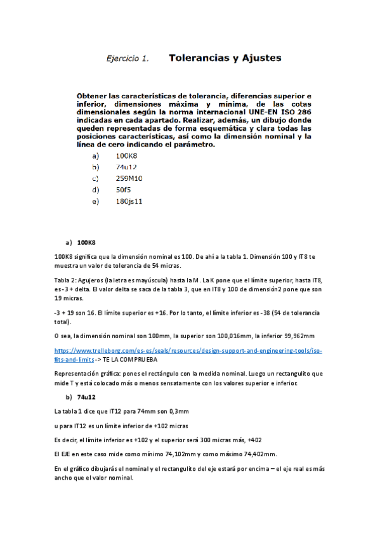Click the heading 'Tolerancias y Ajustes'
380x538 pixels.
(225, 58)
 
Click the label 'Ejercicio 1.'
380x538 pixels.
(127, 59)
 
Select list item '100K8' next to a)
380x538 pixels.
(127, 155)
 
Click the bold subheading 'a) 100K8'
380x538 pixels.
(79, 242)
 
